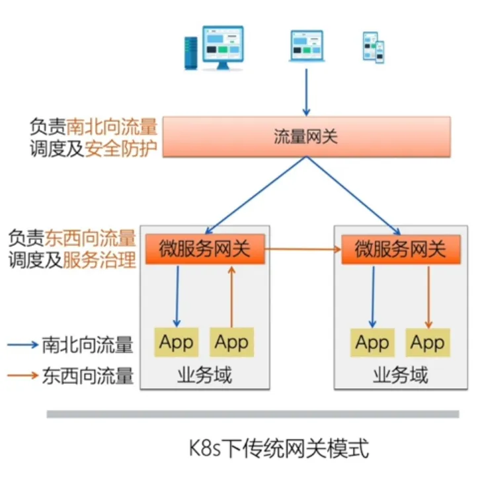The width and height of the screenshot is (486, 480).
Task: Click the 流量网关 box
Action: click(x=306, y=138)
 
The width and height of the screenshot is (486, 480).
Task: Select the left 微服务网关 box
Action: click(x=204, y=250)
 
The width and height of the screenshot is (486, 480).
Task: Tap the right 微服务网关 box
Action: click(x=400, y=250)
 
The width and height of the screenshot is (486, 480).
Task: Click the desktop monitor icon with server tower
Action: click(x=214, y=48)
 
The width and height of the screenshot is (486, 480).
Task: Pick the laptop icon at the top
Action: click(x=306, y=46)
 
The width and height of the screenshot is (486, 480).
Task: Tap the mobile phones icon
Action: click(x=374, y=48)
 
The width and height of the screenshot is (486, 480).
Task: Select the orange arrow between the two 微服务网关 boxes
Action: click(x=303, y=249)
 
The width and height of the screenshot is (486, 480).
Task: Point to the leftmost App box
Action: click(x=176, y=342)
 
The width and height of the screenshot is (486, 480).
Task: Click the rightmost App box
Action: click(x=427, y=342)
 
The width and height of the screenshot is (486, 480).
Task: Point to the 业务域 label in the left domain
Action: click(x=204, y=376)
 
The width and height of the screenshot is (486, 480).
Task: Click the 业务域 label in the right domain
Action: click(x=400, y=376)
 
